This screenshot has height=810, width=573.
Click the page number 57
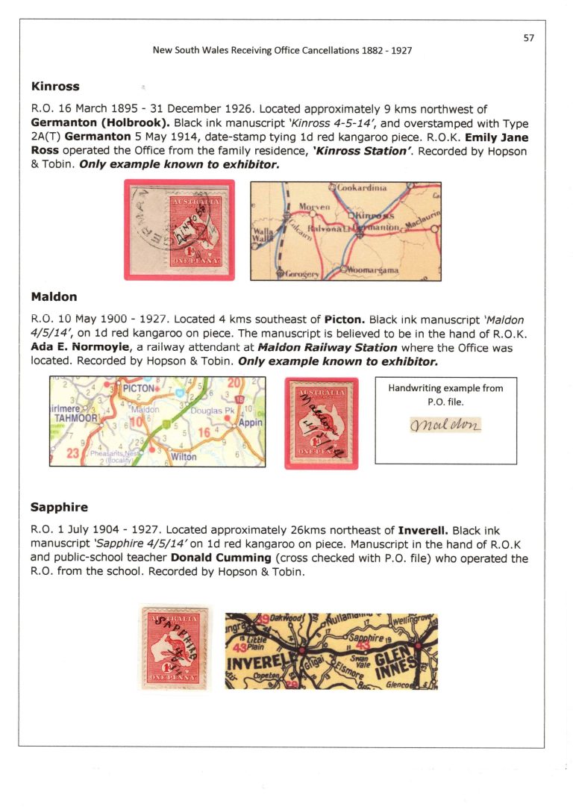click(528, 38)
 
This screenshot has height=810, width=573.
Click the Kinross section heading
click(55, 86)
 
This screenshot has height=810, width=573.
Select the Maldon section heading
click(54, 296)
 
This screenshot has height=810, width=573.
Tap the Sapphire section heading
click(59, 507)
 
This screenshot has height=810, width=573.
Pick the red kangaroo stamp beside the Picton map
click(322, 423)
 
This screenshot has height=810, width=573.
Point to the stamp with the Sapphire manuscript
click(175, 647)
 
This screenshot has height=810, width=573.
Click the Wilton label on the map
click(184, 456)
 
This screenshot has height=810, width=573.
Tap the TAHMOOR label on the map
click(72, 419)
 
